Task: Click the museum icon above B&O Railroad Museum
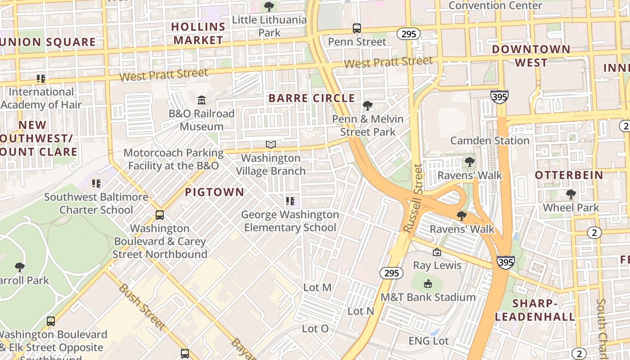[x=201, y=99]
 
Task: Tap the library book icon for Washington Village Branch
[x=270, y=144]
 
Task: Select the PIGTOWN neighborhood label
[x=215, y=192]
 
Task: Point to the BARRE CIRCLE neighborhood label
[x=311, y=98]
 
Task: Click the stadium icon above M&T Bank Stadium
[x=428, y=283]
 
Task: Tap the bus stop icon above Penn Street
[x=357, y=28]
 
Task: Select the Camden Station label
[x=490, y=140]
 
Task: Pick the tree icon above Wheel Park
[x=571, y=194]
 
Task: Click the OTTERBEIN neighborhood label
[x=569, y=175]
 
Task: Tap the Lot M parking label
[x=317, y=287]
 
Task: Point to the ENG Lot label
[x=428, y=341]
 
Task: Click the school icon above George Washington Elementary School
[x=290, y=201]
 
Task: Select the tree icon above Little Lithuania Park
[x=269, y=7]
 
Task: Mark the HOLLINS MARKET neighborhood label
[x=198, y=33]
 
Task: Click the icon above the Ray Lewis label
[x=436, y=252]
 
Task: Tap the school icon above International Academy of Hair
[x=41, y=79]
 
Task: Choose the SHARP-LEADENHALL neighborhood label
[x=535, y=310]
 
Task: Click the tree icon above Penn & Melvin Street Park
[x=368, y=106]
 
